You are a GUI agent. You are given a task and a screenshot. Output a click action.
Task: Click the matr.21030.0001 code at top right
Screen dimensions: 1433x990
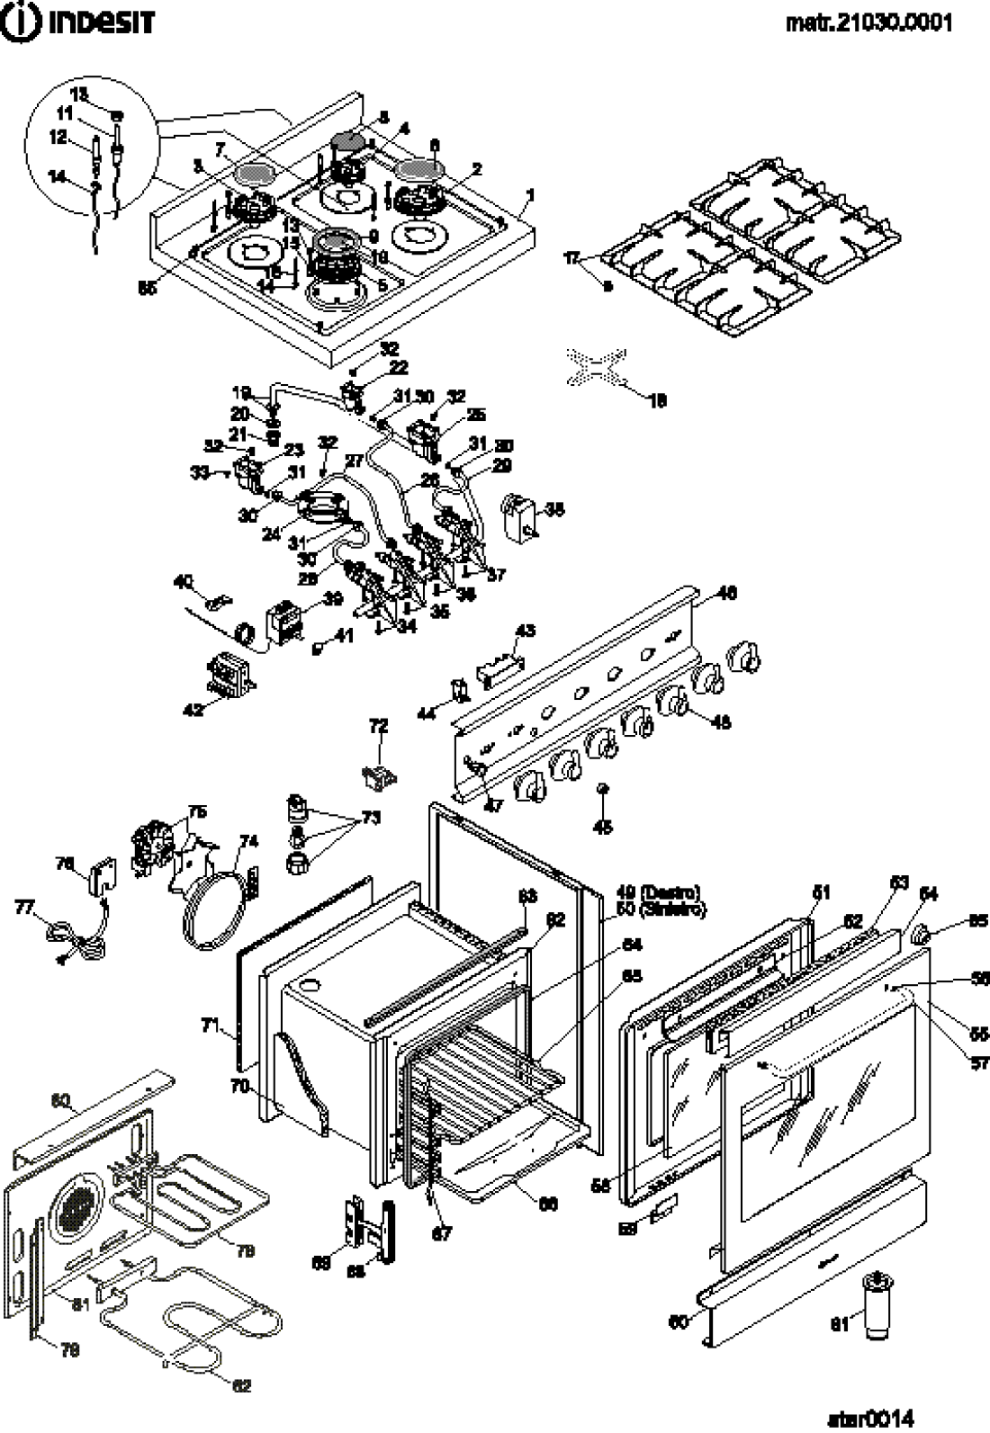[x=869, y=22]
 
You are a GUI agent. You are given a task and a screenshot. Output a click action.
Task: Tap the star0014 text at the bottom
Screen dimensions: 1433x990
[x=870, y=1418]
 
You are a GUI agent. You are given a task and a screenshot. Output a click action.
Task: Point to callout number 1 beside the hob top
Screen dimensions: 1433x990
[x=531, y=195]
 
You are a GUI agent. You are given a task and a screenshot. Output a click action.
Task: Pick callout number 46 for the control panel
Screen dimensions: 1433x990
[x=726, y=593]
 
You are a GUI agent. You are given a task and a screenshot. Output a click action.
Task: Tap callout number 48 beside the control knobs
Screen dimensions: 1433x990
[x=721, y=721]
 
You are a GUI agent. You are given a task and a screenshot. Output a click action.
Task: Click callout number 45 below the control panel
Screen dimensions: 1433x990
[x=603, y=827]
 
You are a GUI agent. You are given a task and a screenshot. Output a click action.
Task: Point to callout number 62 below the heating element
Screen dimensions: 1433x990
[x=241, y=1386]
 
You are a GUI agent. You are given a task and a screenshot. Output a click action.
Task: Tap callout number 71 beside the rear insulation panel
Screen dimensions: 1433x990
[x=210, y=1024]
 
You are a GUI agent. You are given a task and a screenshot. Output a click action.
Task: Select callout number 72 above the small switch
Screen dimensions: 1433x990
[x=378, y=725]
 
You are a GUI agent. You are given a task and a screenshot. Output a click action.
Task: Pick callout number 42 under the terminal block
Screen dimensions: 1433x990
[x=193, y=709]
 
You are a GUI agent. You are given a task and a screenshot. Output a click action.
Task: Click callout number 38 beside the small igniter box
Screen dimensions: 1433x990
[x=554, y=509]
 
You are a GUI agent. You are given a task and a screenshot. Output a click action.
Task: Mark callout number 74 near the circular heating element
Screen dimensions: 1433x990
[x=249, y=841]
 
